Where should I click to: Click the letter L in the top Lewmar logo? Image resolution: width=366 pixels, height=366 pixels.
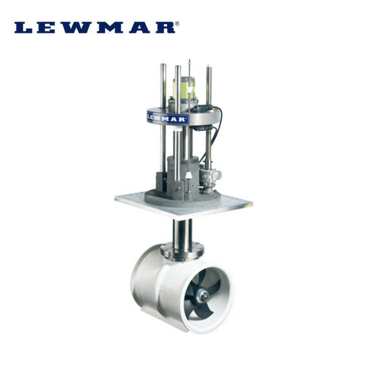click(x=23, y=27)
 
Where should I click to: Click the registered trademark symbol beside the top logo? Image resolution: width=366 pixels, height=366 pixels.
click(x=177, y=23)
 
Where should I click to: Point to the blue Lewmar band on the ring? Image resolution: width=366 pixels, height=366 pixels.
click(x=168, y=118)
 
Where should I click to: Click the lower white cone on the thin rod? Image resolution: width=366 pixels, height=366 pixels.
click(x=188, y=175)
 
